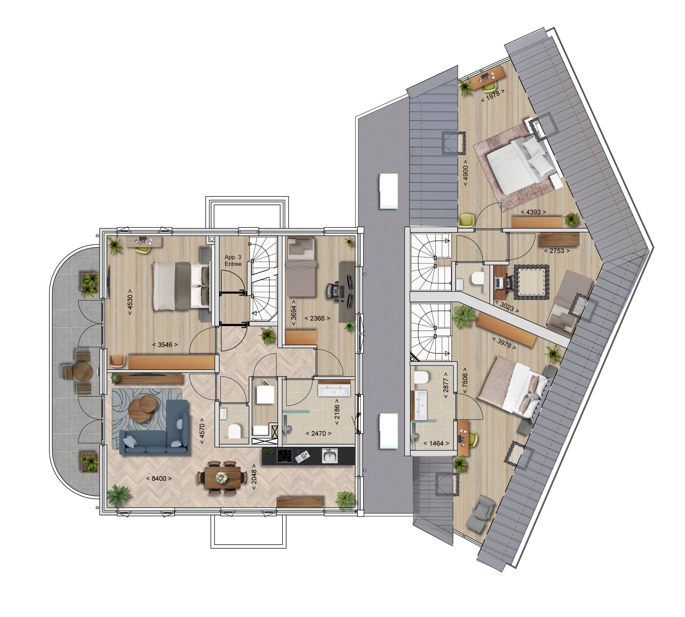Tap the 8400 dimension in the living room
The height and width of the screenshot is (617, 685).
point(159,478)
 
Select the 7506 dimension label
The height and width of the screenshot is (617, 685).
point(465,380)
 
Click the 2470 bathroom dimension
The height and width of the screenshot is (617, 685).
point(318,433)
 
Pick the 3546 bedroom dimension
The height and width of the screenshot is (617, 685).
point(165,344)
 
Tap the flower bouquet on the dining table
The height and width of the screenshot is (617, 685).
point(222,477)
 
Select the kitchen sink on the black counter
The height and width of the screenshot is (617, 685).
point(329,455)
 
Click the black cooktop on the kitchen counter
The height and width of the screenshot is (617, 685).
point(284,455)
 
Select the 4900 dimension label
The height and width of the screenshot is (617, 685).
point(465,173)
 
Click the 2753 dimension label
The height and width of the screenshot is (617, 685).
point(557,251)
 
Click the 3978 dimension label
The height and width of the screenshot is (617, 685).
point(504,343)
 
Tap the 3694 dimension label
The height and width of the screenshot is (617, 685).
point(294,313)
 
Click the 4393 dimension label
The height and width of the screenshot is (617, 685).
point(533,212)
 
